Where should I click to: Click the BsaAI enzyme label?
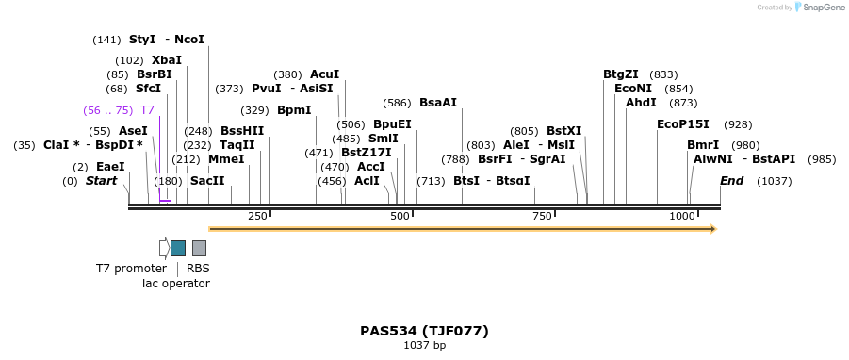point(437,103)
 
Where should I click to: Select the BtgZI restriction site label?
point(621,74)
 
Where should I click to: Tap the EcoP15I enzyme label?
point(683,124)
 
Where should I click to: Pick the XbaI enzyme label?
point(167,60)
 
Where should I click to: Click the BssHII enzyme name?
point(242,131)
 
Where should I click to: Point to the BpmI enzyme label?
point(294,110)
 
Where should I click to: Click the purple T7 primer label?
point(147,110)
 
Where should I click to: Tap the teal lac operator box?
point(177,248)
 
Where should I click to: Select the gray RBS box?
point(199,248)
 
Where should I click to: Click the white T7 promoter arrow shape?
point(164,248)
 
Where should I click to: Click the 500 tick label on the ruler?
point(400,217)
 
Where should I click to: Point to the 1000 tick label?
point(682,217)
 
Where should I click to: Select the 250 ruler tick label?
point(257,217)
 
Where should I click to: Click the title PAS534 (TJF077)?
point(424,331)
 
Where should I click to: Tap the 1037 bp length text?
point(424,345)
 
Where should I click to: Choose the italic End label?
point(732,180)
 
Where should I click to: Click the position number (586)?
point(397,103)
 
